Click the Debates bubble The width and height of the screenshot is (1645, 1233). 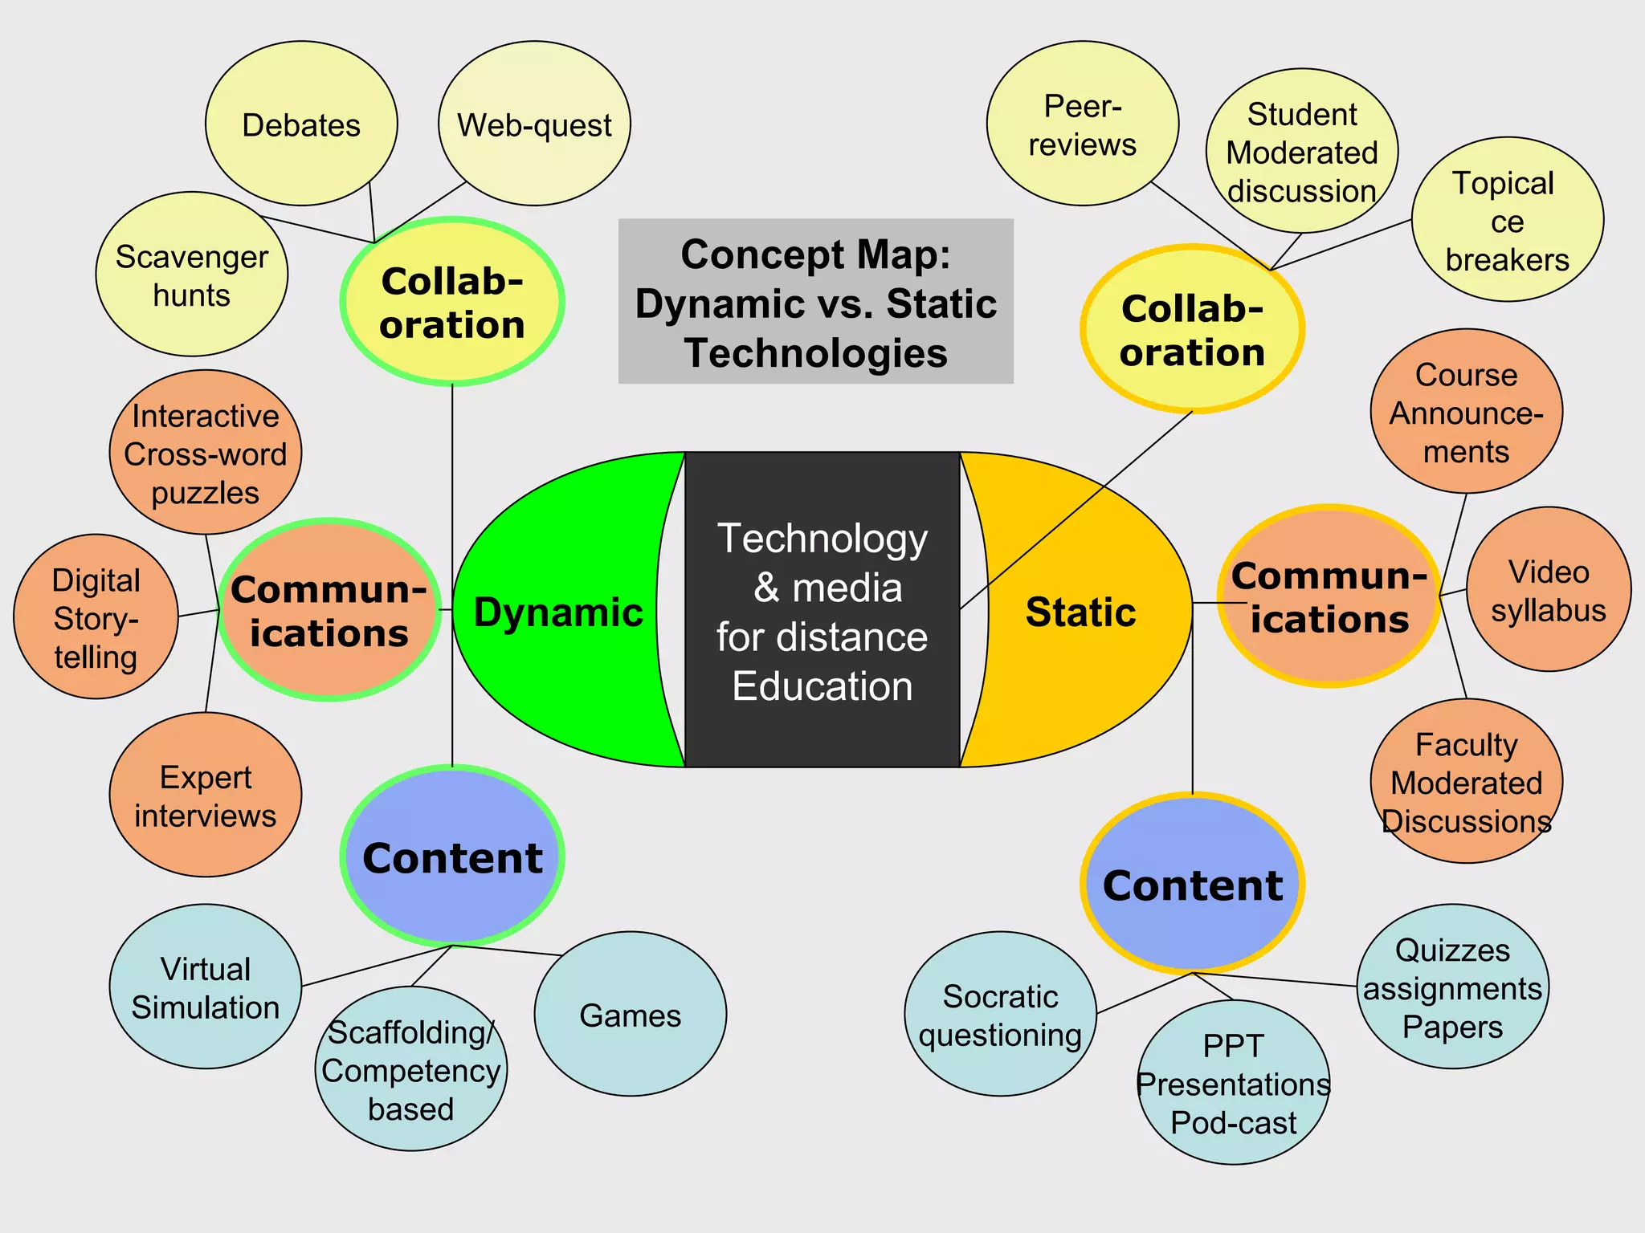tap(301, 124)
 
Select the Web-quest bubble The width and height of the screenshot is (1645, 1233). tap(534, 124)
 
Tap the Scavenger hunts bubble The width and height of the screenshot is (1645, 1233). tap(191, 275)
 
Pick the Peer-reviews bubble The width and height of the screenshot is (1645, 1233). tap(1082, 124)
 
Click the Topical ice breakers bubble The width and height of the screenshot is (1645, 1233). tap(1507, 220)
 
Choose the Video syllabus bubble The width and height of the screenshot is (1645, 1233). tap(1548, 590)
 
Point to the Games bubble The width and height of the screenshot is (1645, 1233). tap(630, 1015)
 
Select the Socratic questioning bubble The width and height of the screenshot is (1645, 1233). tap(1000, 1015)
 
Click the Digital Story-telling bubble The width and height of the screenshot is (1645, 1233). tap(96, 617)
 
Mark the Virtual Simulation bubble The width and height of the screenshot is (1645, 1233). tap(205, 987)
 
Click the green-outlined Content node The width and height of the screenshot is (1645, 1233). tap(452, 857)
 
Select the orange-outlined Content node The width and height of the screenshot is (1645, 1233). tap(1192, 885)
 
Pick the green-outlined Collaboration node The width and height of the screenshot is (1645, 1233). tap(452, 303)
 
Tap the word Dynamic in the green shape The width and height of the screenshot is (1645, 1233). tap(558, 612)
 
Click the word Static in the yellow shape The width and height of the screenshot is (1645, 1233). tap(1080, 612)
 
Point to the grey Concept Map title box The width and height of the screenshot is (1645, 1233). tap(815, 302)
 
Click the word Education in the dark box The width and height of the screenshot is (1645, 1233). tap(822, 686)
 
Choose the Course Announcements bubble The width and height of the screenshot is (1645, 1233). tap(1466, 412)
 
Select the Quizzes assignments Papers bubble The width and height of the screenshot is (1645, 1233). tap(1452, 987)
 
